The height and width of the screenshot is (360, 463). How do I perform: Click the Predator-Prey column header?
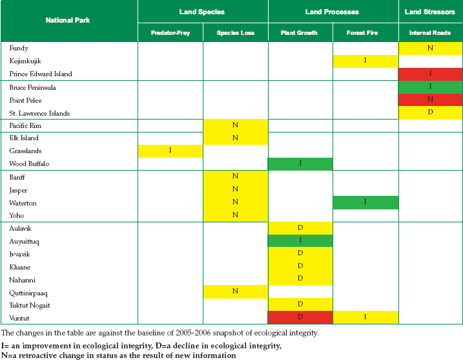tap(170, 33)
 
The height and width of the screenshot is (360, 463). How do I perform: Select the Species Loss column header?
tap(235, 33)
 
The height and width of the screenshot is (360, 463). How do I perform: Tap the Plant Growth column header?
tap(299, 33)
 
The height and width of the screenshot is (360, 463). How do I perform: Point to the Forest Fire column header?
tap(362, 33)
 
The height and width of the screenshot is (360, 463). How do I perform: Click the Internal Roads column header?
tap(429, 33)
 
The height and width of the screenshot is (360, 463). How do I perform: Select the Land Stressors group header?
tap(429, 12)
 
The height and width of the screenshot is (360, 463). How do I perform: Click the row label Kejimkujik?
tap(25, 61)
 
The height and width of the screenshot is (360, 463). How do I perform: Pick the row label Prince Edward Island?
tap(41, 74)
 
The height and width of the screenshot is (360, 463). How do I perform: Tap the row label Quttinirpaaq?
tap(28, 293)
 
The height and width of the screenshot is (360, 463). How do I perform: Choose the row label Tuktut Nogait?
tap(30, 305)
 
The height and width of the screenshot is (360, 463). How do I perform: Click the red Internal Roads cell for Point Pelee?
tap(431, 100)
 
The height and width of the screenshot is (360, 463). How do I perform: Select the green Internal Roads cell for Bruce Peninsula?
tap(431, 87)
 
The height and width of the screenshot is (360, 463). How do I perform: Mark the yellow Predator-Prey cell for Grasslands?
tap(170, 151)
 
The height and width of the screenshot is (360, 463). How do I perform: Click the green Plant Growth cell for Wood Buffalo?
tap(300, 164)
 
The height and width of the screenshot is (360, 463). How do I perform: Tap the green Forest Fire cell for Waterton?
tap(365, 202)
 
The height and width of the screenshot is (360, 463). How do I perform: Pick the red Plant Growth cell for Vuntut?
tap(300, 317)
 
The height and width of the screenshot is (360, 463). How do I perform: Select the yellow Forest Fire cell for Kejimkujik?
tap(365, 61)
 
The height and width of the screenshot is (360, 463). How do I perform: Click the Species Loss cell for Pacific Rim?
tap(235, 125)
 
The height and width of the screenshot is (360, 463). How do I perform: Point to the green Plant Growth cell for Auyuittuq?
tap(300, 240)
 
